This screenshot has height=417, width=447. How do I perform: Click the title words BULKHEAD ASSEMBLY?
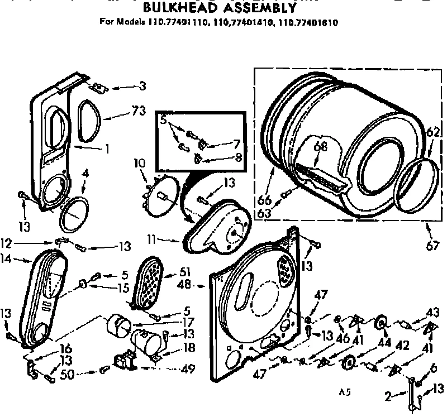tap(218, 8)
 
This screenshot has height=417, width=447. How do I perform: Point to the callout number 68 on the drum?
tap(319, 147)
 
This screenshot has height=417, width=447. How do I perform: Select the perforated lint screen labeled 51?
tap(148, 284)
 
